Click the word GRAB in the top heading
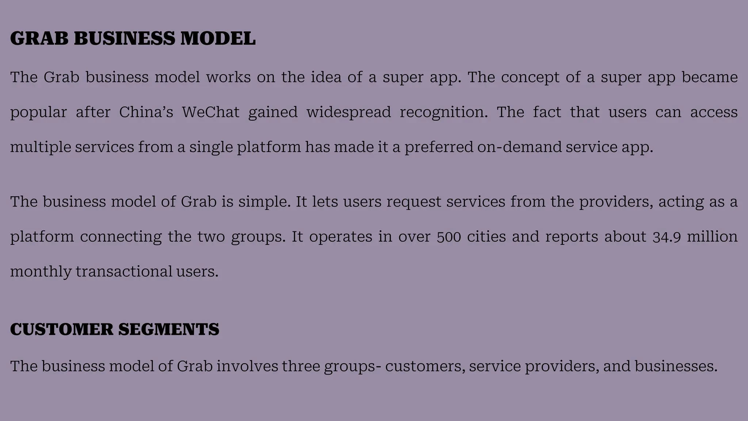point(39,38)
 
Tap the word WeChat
point(211,112)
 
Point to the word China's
point(146,112)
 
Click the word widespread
point(348,112)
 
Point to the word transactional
point(124,272)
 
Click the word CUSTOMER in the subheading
point(62,329)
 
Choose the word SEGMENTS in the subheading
point(169,329)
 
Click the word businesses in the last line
point(676,366)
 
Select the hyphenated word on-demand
point(519,147)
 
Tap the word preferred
point(439,147)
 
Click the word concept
point(530,77)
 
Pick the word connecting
point(121,237)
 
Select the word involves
point(247,366)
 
